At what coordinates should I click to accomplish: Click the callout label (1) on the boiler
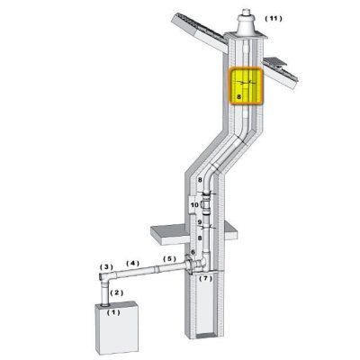tap(113, 312)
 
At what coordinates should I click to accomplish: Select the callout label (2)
tap(117, 292)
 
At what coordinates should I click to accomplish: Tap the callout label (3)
tap(106, 266)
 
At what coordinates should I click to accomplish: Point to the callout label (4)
tap(133, 264)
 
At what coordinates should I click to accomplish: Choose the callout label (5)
tap(169, 258)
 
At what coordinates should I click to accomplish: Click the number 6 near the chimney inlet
tap(193, 252)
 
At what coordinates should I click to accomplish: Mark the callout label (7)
tap(206, 278)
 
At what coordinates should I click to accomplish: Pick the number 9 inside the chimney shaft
tap(199, 222)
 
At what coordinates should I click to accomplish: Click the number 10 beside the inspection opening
tap(194, 205)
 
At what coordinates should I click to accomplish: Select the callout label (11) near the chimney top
tap(274, 19)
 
